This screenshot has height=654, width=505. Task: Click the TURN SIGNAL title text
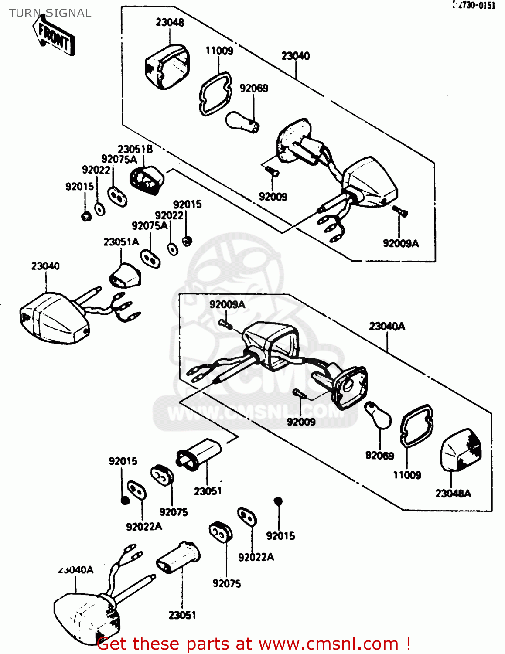(x=50, y=13)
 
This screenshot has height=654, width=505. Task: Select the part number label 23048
(x=170, y=22)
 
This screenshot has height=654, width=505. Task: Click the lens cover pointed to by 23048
(x=167, y=67)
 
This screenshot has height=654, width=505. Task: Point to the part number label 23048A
(x=453, y=493)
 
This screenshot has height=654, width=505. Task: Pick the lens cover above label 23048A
(x=461, y=450)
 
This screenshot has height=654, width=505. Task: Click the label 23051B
(x=135, y=149)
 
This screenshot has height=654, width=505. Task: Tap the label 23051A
(x=121, y=242)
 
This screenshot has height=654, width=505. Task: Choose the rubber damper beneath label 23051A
(x=125, y=275)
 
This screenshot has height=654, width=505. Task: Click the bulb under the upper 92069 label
(x=242, y=122)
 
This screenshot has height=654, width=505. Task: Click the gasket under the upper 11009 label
(x=215, y=93)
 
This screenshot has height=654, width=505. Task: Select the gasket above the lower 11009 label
(x=416, y=426)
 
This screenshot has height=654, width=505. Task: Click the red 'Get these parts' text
(x=253, y=644)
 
